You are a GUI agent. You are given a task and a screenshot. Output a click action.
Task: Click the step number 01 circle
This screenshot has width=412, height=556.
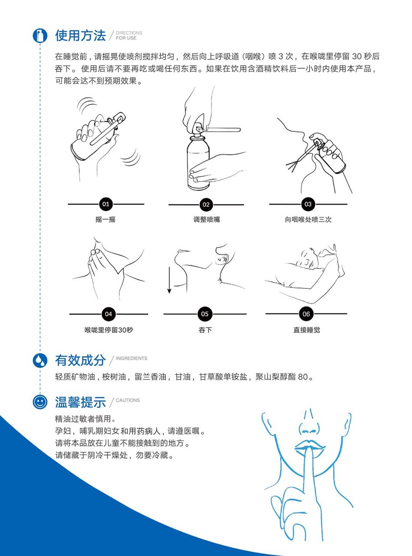[106, 204]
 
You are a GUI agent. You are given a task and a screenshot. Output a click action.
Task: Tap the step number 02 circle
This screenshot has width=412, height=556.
[206, 205]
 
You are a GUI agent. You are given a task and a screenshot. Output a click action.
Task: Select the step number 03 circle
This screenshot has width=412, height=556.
[308, 204]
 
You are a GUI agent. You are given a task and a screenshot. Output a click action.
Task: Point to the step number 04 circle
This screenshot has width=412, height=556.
[109, 314]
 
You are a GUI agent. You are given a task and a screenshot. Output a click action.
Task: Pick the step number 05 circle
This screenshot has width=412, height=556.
[205, 314]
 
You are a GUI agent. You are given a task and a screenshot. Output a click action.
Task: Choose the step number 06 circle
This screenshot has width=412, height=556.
[306, 314]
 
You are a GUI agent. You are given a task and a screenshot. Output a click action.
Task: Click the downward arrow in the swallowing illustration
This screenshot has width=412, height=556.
[169, 280]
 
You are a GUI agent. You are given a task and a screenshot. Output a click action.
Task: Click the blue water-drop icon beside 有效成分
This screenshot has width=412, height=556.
[40, 361]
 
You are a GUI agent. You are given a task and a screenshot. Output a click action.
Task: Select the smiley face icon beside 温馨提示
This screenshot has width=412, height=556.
[40, 402]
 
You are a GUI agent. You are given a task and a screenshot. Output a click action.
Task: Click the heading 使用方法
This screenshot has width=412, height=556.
[80, 35]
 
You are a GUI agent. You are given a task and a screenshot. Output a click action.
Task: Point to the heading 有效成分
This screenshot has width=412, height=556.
[80, 361]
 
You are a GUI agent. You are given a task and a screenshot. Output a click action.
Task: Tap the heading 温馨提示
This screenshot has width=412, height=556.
[80, 402]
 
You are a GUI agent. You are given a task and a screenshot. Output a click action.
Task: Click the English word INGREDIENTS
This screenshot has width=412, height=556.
[131, 358]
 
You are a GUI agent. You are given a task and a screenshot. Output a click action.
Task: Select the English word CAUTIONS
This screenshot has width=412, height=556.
[128, 400]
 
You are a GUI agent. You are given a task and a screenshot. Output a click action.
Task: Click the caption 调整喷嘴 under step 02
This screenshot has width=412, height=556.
[207, 219]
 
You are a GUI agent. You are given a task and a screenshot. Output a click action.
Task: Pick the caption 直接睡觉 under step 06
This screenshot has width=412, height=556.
[307, 330]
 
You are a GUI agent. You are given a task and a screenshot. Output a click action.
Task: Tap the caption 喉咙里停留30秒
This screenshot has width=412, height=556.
[109, 330]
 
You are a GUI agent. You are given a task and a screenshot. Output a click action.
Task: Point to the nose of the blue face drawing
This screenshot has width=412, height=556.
[309, 424]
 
